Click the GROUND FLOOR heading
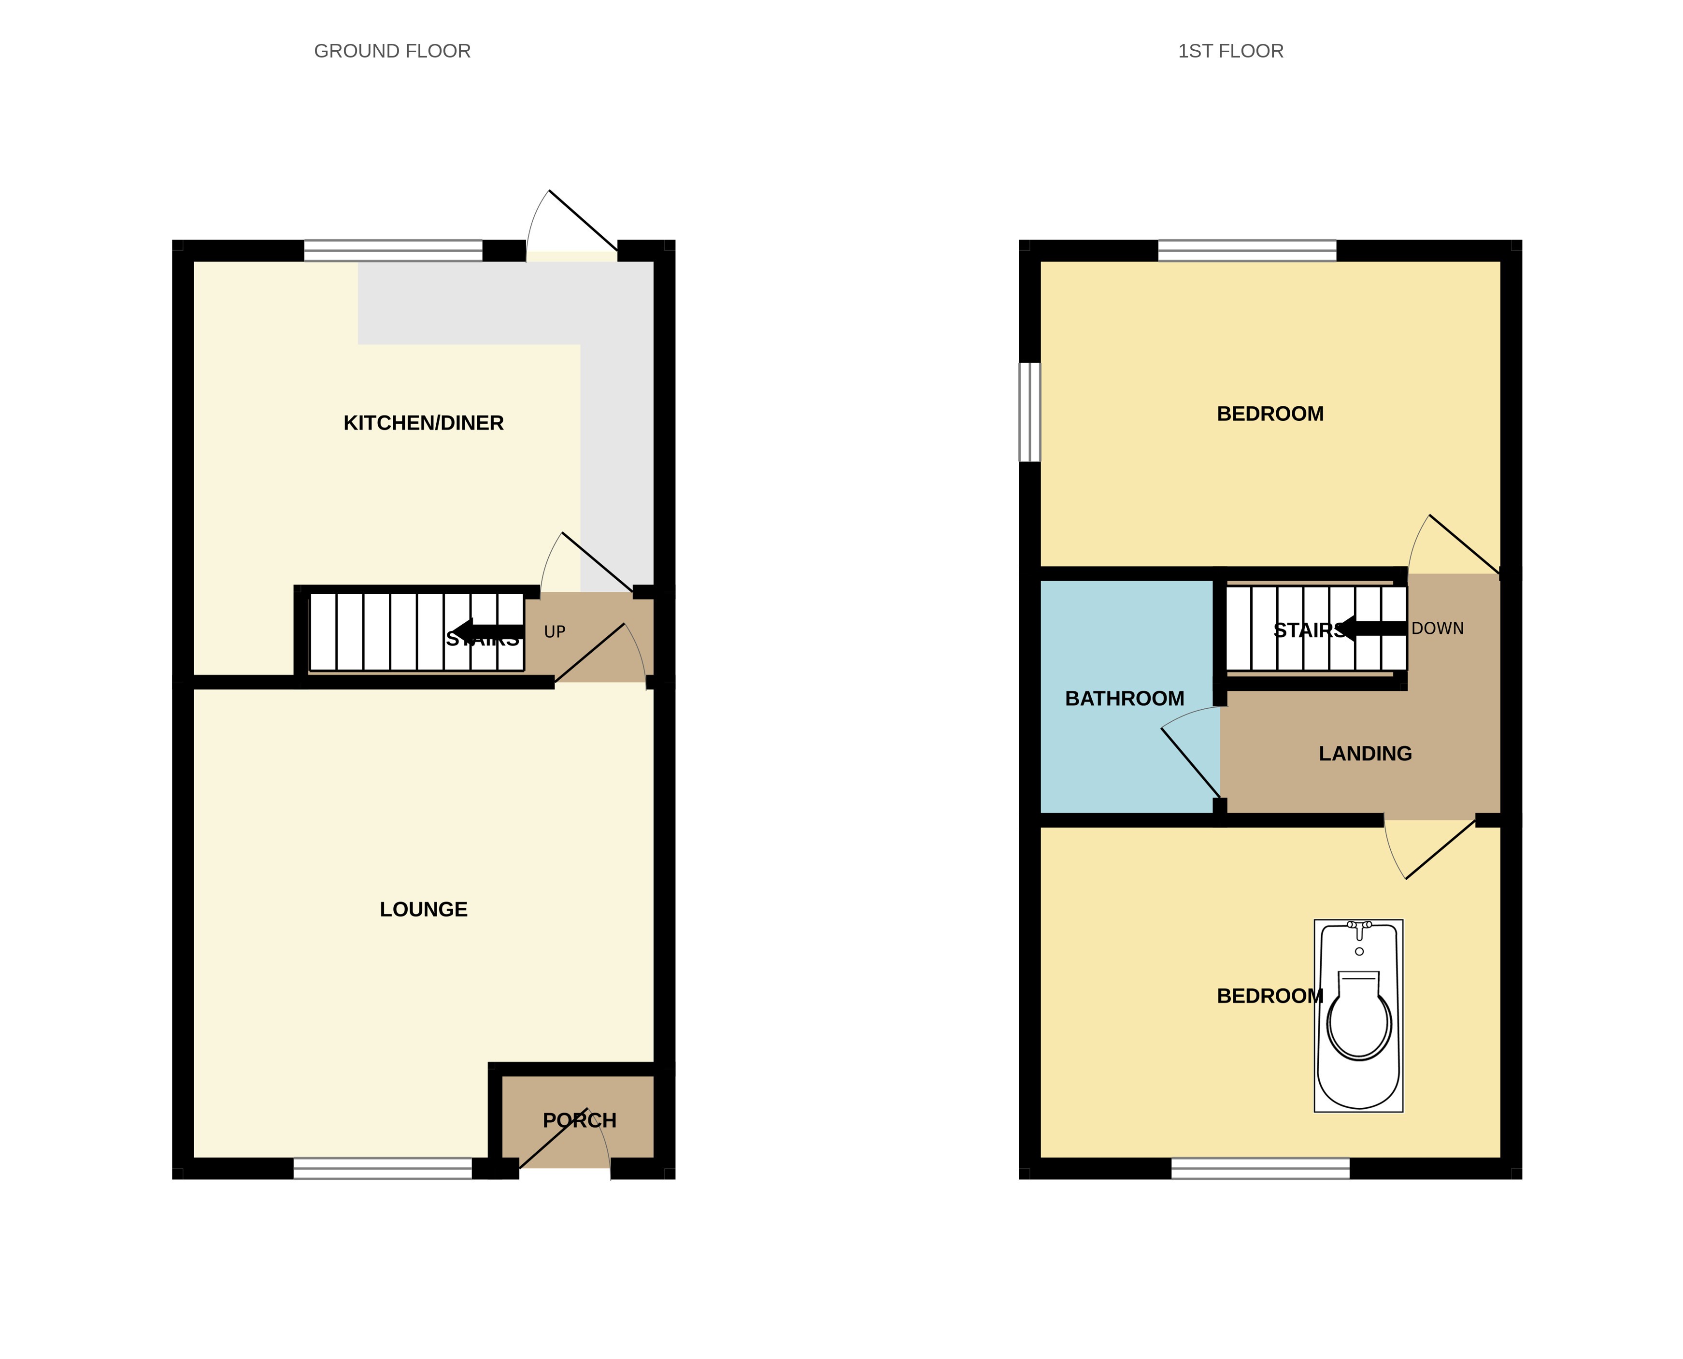(392, 52)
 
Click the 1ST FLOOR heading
(1230, 52)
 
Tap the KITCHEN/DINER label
(424, 424)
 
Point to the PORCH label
(579, 1120)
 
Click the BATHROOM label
(1124, 698)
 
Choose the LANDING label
(1365, 753)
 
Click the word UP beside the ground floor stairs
(554, 632)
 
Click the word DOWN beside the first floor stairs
(1437, 629)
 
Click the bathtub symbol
(1358, 1016)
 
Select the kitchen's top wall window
(393, 251)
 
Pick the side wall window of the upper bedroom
(1029, 412)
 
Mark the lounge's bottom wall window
(383, 1168)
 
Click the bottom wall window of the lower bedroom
(1260, 1168)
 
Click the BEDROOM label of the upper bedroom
(1269, 414)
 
